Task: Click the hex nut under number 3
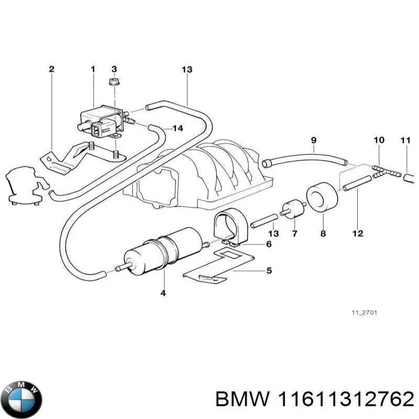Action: point(114,82)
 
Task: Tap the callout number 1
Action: point(93,69)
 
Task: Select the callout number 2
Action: point(51,69)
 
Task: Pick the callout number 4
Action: point(163,294)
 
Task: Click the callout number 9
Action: point(314,140)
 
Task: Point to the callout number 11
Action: point(405,140)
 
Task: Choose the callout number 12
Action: point(358,234)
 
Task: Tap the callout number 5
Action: point(269,271)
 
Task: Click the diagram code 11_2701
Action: point(364,313)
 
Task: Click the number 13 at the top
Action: point(187,69)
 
